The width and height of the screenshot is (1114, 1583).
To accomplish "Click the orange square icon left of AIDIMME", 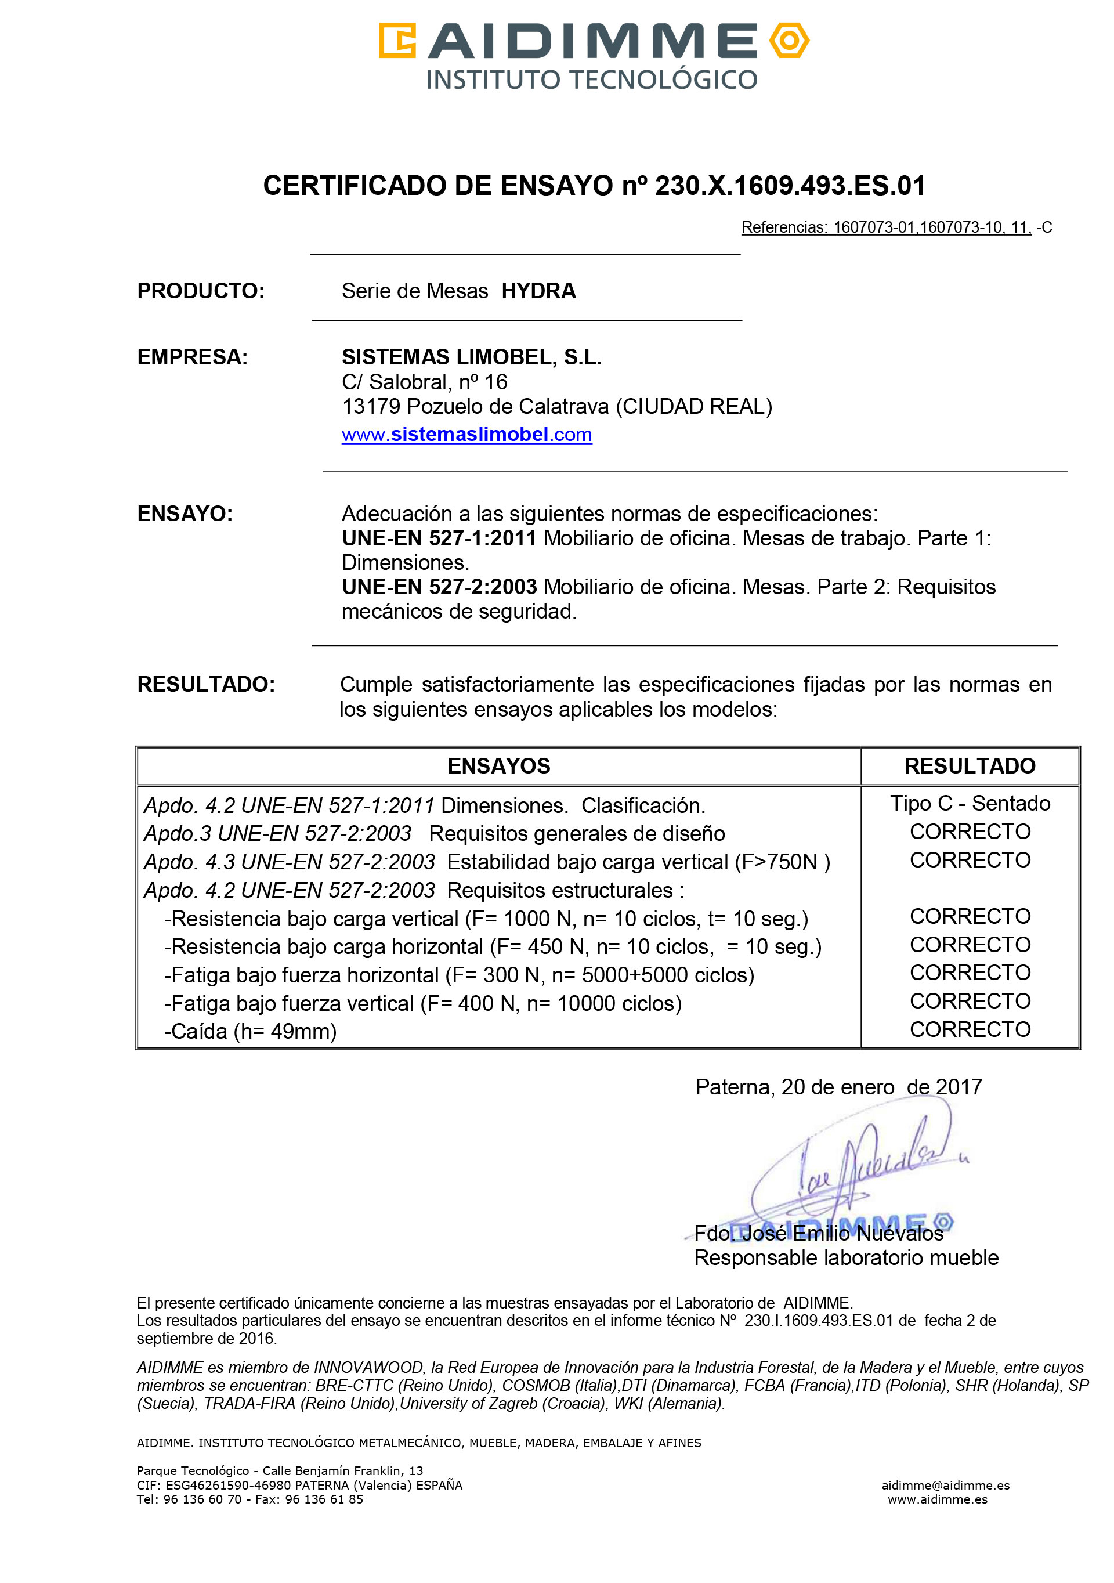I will pyautogui.click(x=397, y=41).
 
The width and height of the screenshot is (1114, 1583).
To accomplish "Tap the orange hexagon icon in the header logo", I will pyautogui.click(x=789, y=41).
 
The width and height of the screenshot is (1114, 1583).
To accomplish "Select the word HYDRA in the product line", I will pyautogui.click(x=538, y=291).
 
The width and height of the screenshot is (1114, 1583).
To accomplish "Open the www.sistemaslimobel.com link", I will pyautogui.click(x=466, y=435).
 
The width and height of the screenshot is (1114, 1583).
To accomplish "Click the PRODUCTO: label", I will pyautogui.click(x=201, y=291).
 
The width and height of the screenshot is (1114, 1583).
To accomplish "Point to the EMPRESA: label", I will pyautogui.click(x=192, y=357).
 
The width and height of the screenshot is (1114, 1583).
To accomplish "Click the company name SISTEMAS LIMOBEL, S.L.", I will pyautogui.click(x=472, y=357).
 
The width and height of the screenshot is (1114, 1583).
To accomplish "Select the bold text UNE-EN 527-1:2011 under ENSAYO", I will pyautogui.click(x=439, y=538).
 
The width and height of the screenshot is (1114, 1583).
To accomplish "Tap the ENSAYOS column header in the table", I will pyautogui.click(x=498, y=766).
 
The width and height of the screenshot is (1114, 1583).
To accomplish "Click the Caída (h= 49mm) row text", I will pyautogui.click(x=250, y=1031).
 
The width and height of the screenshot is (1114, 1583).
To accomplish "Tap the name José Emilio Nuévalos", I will pyautogui.click(x=841, y=1233).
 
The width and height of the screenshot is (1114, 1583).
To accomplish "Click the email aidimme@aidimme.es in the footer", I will pyautogui.click(x=945, y=1485).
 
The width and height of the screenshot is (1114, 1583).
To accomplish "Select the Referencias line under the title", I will pyautogui.click(x=896, y=227).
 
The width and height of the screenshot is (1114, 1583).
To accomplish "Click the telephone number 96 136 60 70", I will pyautogui.click(x=202, y=1499).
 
